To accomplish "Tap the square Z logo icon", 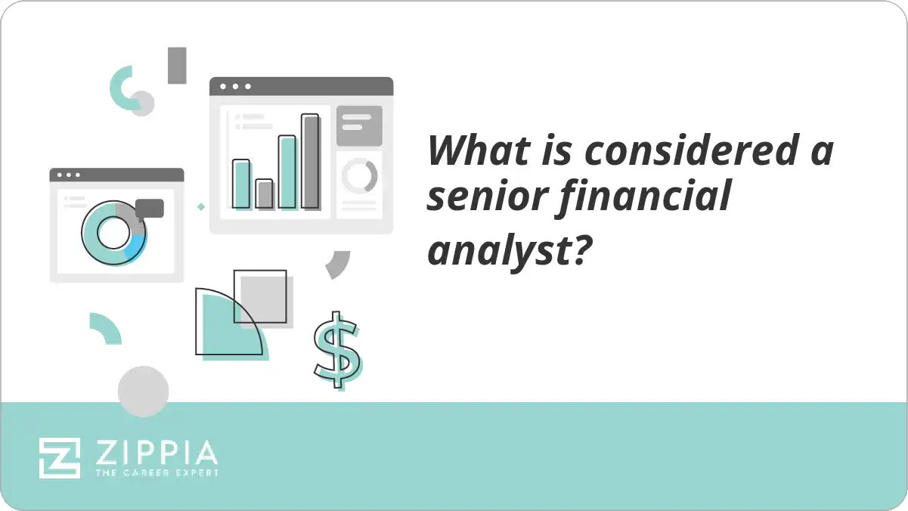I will coord(60,457).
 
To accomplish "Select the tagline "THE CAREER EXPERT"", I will coord(156,472).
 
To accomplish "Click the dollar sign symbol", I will coord(337,349).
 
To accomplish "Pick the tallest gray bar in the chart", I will coord(311,161).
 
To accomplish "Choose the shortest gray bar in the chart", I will coord(265,194).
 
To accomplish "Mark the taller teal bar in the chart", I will coord(287,172).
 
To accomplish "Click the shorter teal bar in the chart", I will coord(241,184).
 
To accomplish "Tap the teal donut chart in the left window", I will coord(113,234).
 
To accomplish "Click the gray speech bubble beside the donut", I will coord(150,209).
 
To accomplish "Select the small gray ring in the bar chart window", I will coord(359,175).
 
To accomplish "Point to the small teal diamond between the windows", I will coord(200,206).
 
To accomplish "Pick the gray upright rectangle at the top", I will coord(177,65).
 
